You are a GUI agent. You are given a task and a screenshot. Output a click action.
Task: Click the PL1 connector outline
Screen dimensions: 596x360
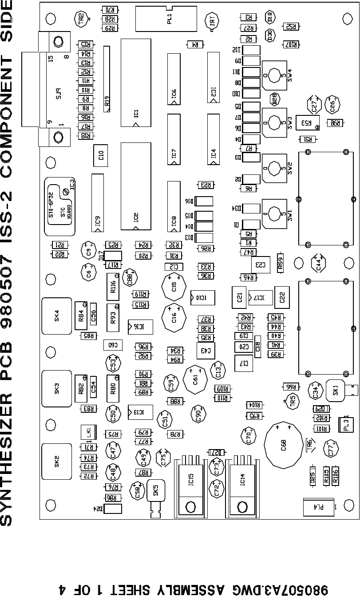[166, 19]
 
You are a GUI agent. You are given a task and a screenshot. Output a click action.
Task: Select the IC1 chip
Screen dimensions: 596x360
[136, 83]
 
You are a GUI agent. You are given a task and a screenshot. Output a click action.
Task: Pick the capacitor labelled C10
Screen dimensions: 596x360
[101, 155]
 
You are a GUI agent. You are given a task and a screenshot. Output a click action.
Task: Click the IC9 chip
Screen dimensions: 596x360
[98, 203]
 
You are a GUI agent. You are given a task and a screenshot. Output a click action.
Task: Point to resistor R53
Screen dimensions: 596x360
[308, 123]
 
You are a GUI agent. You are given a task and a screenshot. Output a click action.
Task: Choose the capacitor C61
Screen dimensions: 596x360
[195, 379]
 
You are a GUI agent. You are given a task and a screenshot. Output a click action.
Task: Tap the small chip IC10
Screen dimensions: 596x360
[202, 297]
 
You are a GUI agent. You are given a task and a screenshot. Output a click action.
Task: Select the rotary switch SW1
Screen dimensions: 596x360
[275, 213]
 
